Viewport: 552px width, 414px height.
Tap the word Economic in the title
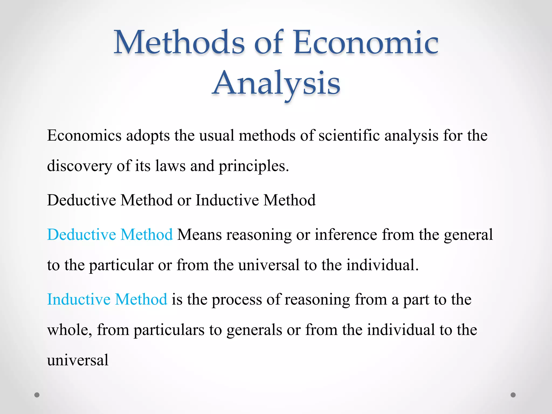click(366, 43)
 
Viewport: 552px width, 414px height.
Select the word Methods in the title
click(179, 43)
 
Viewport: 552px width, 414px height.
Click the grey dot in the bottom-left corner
click(37, 395)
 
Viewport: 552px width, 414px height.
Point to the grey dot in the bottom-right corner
click(513, 395)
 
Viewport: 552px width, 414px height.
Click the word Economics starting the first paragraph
click(84, 135)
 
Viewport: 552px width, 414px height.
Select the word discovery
click(80, 166)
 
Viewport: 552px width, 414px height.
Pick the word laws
click(170, 166)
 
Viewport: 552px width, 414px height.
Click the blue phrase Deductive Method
click(110, 234)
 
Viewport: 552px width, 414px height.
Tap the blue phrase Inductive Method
click(107, 299)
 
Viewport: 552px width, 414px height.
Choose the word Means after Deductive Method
click(199, 234)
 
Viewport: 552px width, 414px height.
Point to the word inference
click(346, 234)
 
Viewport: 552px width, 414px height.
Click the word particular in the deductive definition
click(121, 265)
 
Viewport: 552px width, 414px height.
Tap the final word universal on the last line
click(78, 360)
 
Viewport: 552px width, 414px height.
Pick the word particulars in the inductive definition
click(169, 330)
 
